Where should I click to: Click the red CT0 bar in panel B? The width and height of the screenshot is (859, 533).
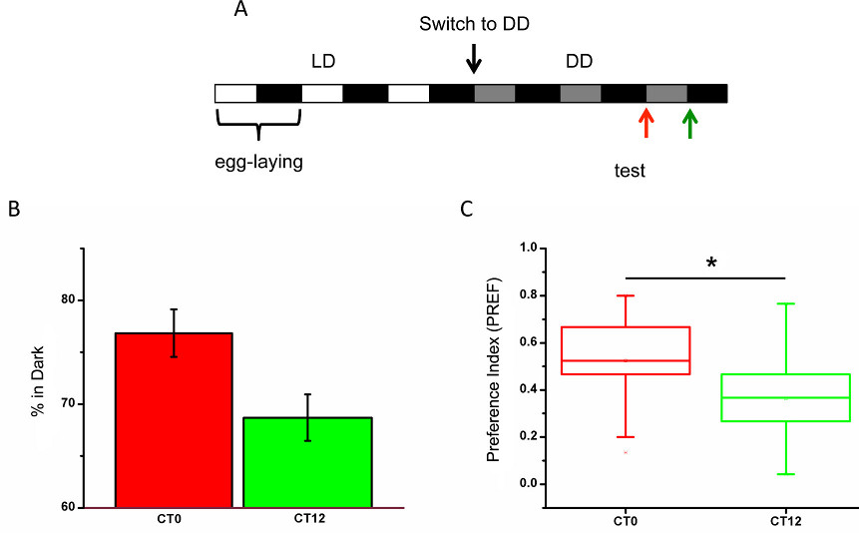coord(174,419)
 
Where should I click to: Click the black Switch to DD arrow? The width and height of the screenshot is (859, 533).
coord(474,59)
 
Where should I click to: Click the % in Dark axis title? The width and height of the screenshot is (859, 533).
coord(39,404)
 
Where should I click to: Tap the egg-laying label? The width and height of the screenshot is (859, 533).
coord(258,161)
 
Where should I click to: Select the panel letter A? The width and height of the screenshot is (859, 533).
coord(240,11)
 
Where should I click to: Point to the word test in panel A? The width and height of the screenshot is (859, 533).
coord(630,171)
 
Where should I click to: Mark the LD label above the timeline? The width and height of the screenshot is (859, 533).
coord(322,61)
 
